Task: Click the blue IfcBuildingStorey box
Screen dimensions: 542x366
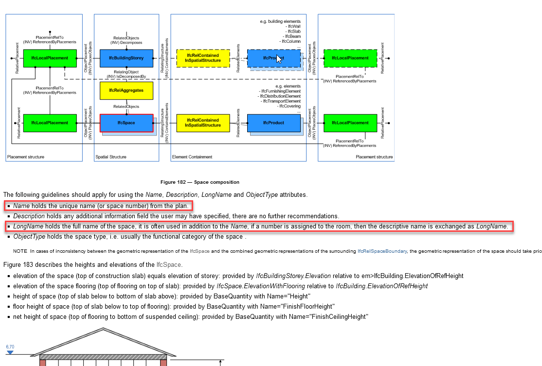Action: click(x=126, y=58)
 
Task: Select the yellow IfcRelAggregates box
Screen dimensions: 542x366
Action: click(x=126, y=90)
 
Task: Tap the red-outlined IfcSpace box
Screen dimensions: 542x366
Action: click(x=126, y=123)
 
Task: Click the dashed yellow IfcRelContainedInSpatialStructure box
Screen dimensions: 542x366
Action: click(x=203, y=58)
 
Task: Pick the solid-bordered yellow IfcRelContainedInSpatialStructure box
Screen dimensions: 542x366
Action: click(x=203, y=123)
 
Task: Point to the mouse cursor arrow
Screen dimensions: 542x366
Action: click(x=279, y=59)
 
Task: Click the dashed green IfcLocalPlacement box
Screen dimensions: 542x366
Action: click(x=350, y=58)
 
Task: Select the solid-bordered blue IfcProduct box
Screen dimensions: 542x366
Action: click(x=274, y=123)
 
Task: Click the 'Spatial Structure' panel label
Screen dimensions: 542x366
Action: click(x=111, y=157)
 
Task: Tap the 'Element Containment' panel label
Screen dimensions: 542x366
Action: click(x=192, y=157)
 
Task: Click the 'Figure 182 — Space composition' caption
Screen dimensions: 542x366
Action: click(x=200, y=182)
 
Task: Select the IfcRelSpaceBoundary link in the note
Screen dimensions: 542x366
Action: click(x=382, y=251)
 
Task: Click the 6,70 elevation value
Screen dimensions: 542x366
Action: click(x=10, y=347)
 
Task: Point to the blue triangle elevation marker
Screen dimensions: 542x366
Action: click(x=10, y=352)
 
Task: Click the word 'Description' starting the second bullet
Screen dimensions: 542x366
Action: click(x=29, y=216)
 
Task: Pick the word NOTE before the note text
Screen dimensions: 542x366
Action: click(x=20, y=251)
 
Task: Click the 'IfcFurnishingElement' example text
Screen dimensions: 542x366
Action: click(x=281, y=91)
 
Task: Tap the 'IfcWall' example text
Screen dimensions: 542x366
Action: click(x=294, y=26)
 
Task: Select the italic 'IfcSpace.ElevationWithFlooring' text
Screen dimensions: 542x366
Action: click(x=261, y=286)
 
